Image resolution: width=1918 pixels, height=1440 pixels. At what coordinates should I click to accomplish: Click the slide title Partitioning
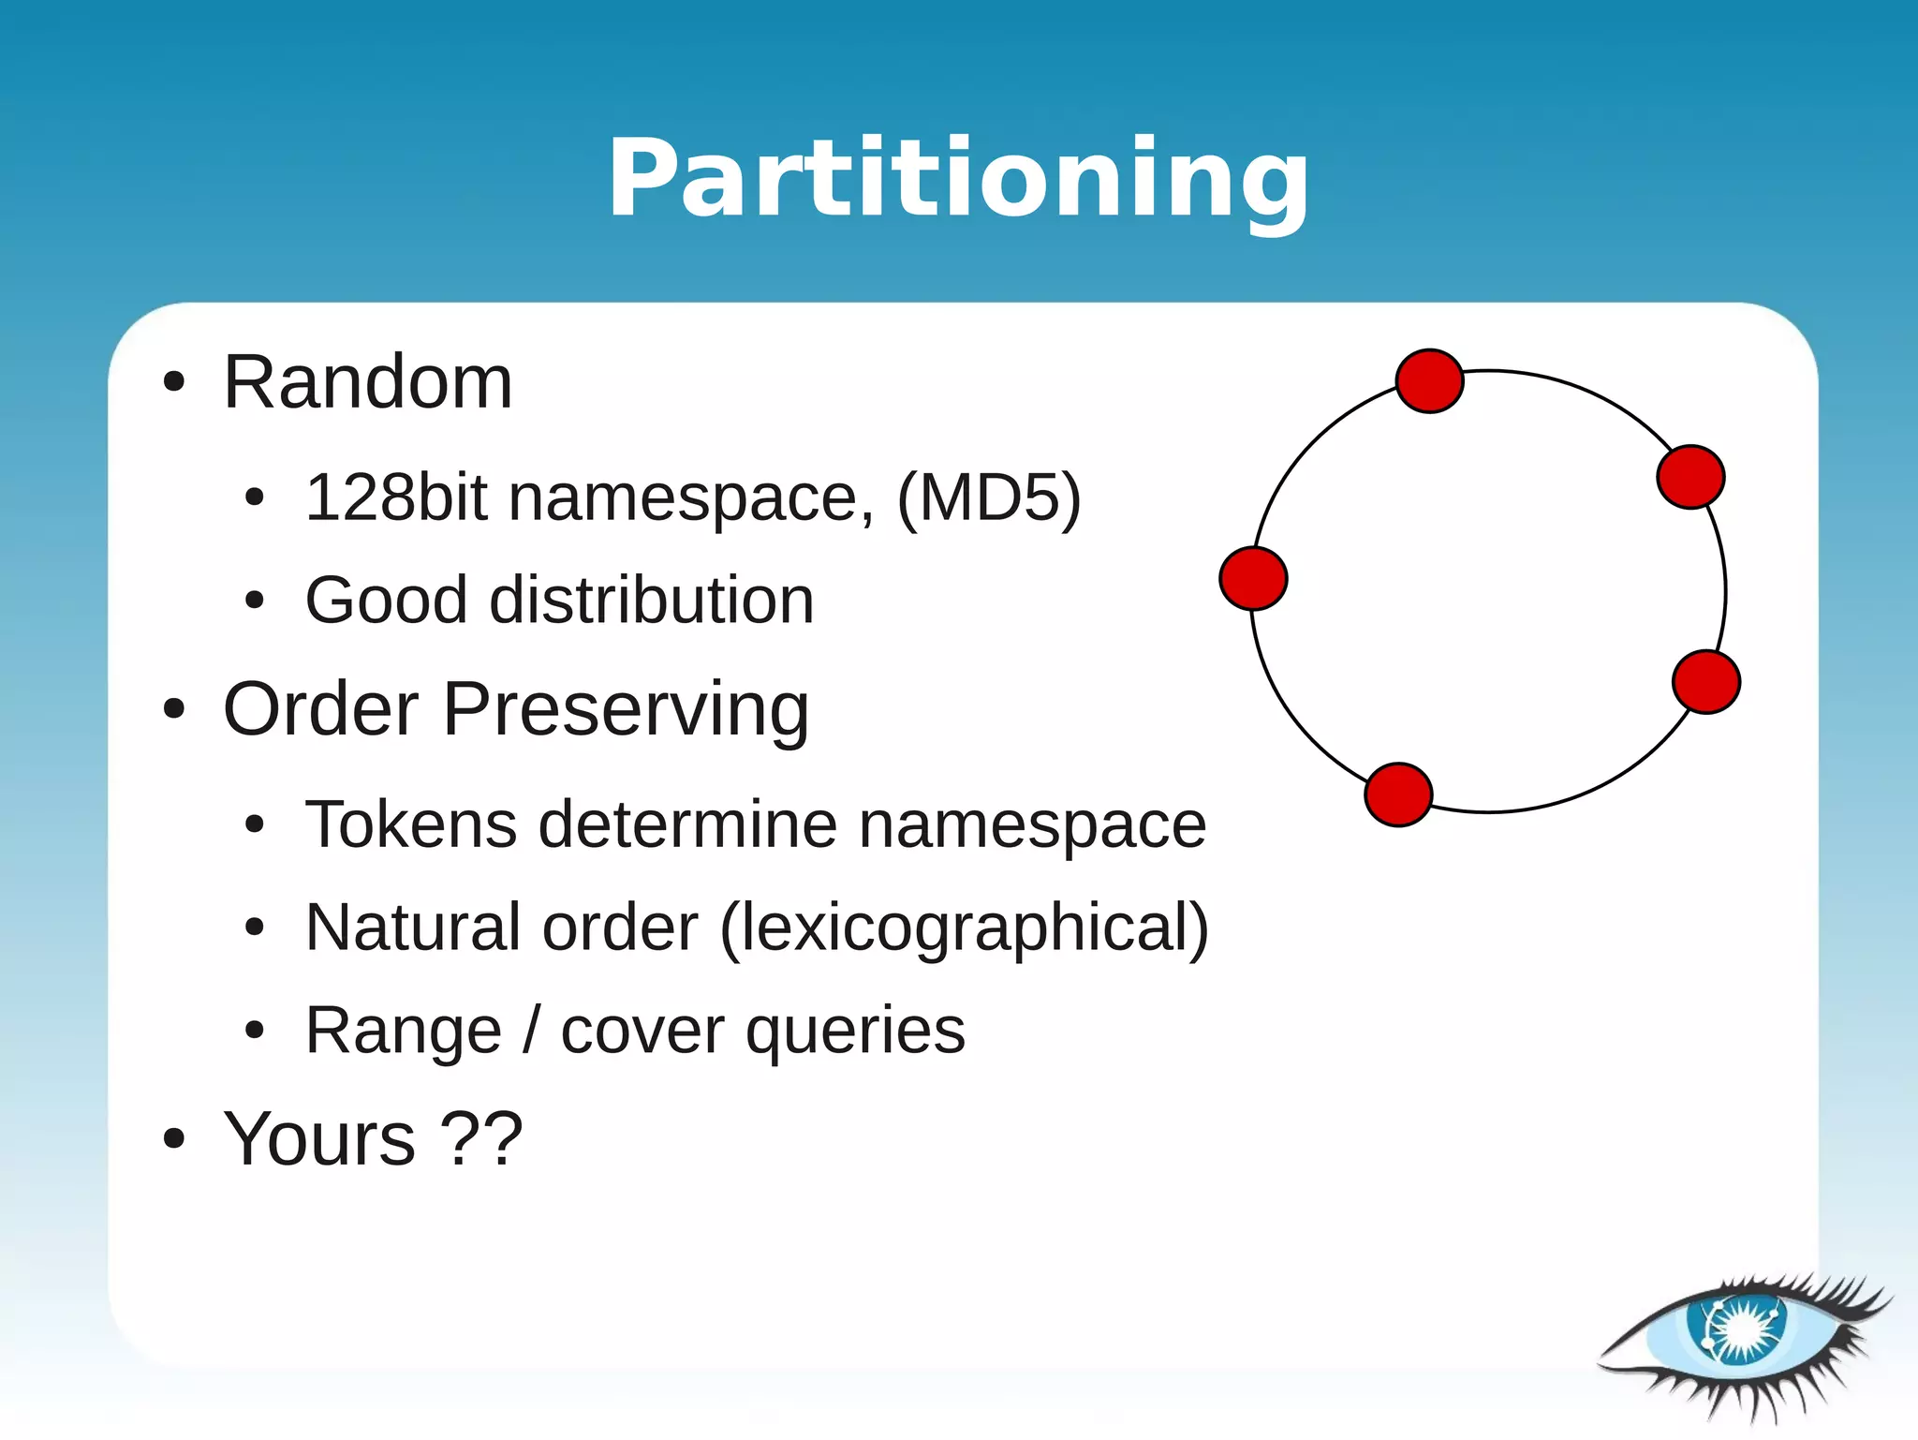(958, 178)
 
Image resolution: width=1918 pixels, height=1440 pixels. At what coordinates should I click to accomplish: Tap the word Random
(368, 382)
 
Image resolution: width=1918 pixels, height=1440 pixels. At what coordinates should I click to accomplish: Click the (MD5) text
(989, 497)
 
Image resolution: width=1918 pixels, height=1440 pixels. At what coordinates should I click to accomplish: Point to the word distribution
(652, 600)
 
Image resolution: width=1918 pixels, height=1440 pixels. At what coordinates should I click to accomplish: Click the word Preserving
(626, 710)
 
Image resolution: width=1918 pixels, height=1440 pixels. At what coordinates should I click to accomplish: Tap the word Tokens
(411, 824)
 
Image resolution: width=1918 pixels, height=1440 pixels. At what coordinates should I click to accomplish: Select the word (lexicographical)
(965, 928)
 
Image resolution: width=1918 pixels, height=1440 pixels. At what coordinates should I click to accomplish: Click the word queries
(855, 1032)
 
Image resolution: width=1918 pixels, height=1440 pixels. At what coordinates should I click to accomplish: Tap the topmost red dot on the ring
(1429, 381)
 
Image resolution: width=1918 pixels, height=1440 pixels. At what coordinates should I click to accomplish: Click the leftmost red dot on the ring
(1253, 578)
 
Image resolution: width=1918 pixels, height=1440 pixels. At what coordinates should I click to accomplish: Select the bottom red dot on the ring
(1398, 794)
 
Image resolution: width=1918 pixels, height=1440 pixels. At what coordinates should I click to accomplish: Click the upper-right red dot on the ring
(1690, 477)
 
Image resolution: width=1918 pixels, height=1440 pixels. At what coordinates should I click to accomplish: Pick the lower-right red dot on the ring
(1705, 682)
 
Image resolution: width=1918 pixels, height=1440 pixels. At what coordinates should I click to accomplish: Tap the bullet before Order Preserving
(174, 709)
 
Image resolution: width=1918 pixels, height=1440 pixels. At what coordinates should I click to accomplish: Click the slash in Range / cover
(531, 1031)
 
